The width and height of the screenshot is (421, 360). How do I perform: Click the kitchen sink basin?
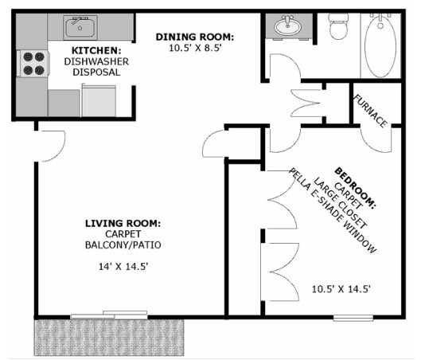click(x=80, y=27)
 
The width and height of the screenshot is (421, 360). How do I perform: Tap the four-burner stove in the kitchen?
click(x=33, y=64)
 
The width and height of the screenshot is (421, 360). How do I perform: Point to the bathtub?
click(x=380, y=45)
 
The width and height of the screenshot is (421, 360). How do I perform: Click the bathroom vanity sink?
click(x=287, y=25)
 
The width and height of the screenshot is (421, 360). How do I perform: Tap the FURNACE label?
click(x=371, y=111)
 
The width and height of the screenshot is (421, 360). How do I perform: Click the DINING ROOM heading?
click(x=195, y=37)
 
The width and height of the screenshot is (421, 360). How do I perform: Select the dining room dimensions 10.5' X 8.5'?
click(x=195, y=48)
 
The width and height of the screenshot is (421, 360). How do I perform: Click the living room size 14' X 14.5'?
click(x=123, y=267)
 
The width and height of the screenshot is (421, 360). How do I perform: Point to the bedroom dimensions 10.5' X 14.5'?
click(x=341, y=289)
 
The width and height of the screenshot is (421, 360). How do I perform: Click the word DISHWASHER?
click(x=96, y=61)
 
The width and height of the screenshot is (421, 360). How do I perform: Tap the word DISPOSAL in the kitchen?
click(x=96, y=72)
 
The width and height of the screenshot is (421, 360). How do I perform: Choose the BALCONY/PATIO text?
click(x=123, y=245)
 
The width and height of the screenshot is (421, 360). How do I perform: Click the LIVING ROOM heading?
click(x=123, y=223)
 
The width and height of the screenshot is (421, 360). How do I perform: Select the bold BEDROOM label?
click(x=355, y=188)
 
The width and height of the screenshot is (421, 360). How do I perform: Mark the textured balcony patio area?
click(x=109, y=337)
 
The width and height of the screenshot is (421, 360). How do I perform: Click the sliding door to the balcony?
click(x=109, y=315)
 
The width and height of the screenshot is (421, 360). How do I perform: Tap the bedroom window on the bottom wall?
click(x=353, y=319)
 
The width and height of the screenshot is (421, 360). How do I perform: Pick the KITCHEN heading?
click(x=96, y=50)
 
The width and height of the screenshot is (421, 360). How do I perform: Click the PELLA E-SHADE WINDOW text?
click(x=333, y=210)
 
